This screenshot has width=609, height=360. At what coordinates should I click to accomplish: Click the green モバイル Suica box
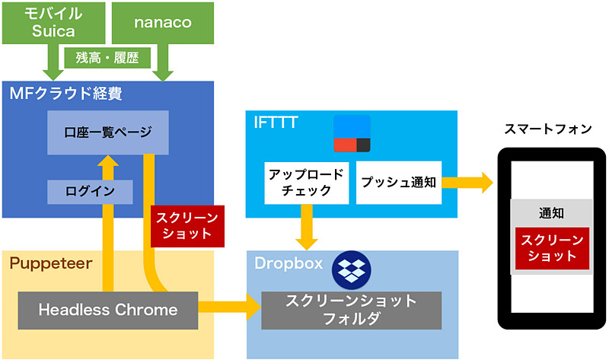(54, 22)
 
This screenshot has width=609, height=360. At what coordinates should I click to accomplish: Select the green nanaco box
(163, 22)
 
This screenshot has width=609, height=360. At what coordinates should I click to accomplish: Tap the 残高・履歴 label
(107, 56)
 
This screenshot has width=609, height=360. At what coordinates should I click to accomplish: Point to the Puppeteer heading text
(50, 263)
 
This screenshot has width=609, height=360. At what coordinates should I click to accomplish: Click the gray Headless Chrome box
(107, 310)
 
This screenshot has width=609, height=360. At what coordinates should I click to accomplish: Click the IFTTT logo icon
(352, 134)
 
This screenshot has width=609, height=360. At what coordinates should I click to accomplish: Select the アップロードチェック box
(306, 182)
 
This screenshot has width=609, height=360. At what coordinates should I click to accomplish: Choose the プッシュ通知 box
(398, 182)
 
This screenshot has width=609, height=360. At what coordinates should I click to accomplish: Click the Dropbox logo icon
(350, 266)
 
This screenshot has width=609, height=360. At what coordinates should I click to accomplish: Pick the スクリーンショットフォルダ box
(351, 310)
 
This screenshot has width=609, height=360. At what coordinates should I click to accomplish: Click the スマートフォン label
(547, 129)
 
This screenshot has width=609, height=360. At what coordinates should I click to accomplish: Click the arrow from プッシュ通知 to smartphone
(466, 183)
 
